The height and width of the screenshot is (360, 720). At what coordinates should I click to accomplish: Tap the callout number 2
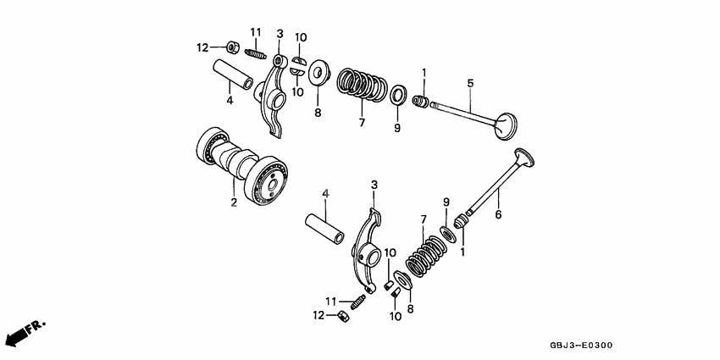(234, 202)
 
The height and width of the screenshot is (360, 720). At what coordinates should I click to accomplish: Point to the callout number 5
(470, 83)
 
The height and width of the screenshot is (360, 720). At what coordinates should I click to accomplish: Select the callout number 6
(498, 215)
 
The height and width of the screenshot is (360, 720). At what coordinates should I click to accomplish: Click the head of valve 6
(525, 158)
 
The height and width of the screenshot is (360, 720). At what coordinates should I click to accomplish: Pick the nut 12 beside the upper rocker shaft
(231, 47)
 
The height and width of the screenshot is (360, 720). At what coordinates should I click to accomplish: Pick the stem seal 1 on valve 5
(419, 103)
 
